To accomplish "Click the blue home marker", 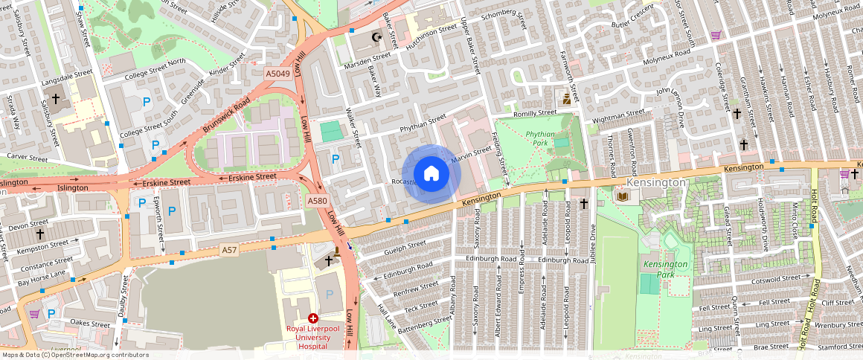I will pyautogui.click(x=431, y=174).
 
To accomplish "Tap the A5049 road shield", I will pyautogui.click(x=277, y=74).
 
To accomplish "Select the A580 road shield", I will pyautogui.click(x=318, y=201).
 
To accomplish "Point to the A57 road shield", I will pyautogui.click(x=229, y=251).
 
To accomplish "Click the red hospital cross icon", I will pyautogui.click(x=312, y=318).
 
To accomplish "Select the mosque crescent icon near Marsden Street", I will pyautogui.click(x=376, y=37).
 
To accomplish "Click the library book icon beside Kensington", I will pyautogui.click(x=620, y=196).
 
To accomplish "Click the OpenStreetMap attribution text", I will pyautogui.click(x=74, y=355).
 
